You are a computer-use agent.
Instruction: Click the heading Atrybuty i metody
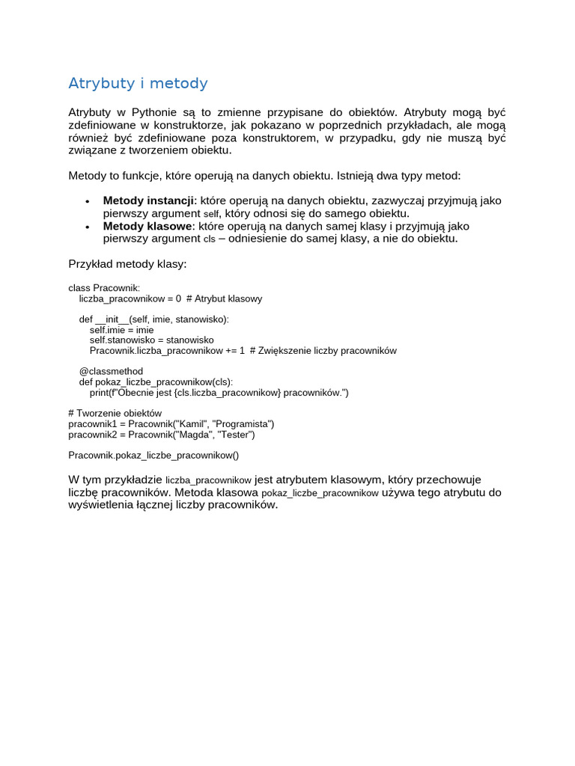(x=138, y=83)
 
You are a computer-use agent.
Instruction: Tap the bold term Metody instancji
(x=148, y=200)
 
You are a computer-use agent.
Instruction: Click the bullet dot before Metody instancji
(x=88, y=202)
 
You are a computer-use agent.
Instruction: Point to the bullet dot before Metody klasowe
(x=88, y=227)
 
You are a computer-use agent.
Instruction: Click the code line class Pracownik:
(x=104, y=288)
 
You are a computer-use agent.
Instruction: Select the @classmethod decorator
(x=111, y=371)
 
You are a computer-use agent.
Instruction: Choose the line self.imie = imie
(x=121, y=330)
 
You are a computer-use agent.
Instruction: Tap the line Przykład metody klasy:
(x=127, y=264)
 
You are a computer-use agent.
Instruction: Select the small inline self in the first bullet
(x=212, y=214)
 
